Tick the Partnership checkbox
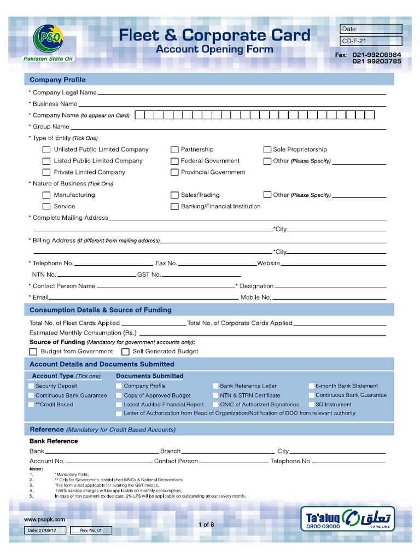click(174, 150)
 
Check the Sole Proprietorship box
click(267, 150)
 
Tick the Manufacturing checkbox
click(46, 195)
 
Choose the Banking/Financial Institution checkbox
click(174, 207)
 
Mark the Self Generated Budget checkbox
click(125, 352)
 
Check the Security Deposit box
click(31, 386)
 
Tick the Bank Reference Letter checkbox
click(215, 386)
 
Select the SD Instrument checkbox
click(311, 405)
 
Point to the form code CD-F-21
click(370, 40)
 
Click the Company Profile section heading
click(57, 80)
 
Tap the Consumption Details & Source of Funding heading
click(101, 310)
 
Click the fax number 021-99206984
click(377, 55)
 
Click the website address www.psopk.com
click(44, 520)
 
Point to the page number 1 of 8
click(206, 524)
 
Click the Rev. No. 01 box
click(91, 530)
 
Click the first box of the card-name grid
click(139, 115)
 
